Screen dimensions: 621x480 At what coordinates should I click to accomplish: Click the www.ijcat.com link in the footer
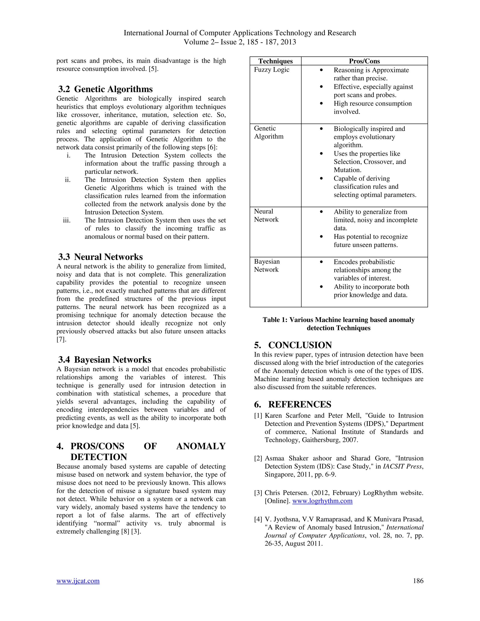pos(78,581)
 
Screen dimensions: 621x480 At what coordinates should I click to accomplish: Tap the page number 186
pos(418,581)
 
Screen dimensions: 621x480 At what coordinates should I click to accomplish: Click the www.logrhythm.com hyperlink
pos(322,501)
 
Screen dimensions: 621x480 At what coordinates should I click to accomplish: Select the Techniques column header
pos(275,61)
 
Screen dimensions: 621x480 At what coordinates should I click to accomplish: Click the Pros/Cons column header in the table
pos(364,61)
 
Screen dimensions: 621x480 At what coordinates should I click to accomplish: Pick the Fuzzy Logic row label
pos(272,70)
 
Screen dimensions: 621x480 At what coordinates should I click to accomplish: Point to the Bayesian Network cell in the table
pos(267,265)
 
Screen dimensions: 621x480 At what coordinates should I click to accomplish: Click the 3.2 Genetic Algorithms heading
pos(105,89)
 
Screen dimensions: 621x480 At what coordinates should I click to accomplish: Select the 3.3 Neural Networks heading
pos(100,257)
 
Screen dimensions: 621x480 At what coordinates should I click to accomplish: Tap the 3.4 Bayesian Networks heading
pos(105,359)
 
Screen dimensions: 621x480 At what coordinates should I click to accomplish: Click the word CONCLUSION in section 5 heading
pos(300,345)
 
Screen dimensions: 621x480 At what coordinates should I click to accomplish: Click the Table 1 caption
pos(338,324)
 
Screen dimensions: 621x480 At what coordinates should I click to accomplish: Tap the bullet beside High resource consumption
pos(321,104)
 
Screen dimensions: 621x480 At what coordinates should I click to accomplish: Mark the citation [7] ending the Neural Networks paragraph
pos(61,339)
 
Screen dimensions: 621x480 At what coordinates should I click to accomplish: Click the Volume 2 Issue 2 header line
pos(240,42)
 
